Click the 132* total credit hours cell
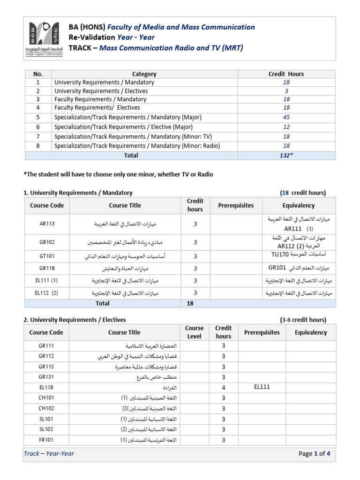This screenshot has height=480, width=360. [286, 155]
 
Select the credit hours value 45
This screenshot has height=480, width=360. [286, 117]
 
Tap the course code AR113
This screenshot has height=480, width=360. [47, 224]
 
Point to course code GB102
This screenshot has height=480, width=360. [47, 242]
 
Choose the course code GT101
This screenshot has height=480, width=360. [47, 256]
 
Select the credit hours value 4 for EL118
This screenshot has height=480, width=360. [223, 388]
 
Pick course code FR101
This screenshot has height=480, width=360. [47, 440]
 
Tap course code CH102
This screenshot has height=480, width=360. [47, 408]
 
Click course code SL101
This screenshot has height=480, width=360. [47, 419]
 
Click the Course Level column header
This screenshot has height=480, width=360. [194, 332]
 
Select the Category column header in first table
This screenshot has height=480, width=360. [144, 74]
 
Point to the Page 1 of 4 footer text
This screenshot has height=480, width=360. [314, 454]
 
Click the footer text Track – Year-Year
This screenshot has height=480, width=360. [49, 454]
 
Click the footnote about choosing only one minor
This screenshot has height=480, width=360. [118, 174]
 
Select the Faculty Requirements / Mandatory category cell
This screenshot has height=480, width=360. [100, 99]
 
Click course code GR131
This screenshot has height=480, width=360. [47, 377]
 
